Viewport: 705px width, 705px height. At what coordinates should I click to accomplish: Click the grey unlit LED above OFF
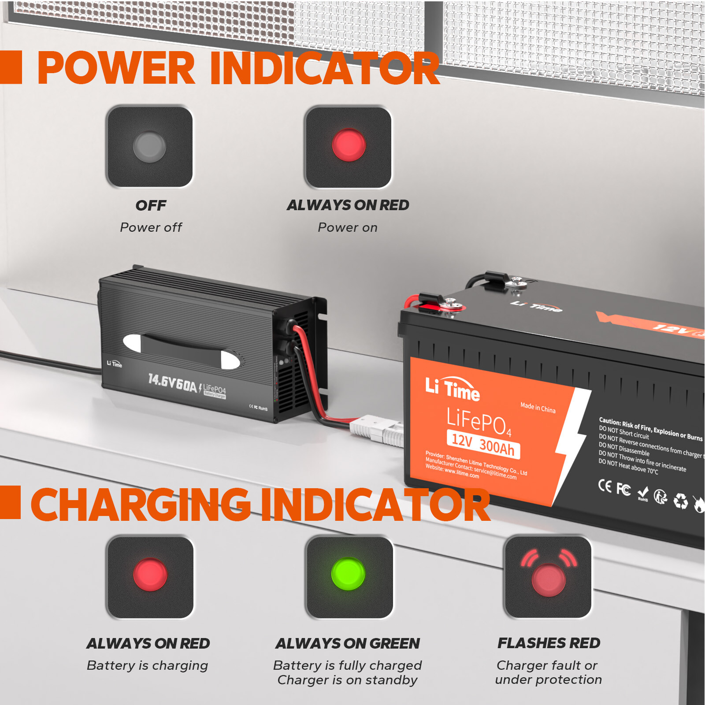click(149, 147)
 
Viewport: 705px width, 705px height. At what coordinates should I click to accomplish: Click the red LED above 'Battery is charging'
click(150, 575)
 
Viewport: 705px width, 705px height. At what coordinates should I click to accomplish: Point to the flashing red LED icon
click(549, 579)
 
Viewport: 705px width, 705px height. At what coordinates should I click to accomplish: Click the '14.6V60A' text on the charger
click(172, 383)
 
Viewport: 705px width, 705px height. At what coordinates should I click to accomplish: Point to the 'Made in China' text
click(538, 408)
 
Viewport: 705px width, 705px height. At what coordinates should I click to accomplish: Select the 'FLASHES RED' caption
click(549, 643)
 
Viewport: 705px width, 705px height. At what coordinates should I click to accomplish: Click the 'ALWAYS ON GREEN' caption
click(348, 644)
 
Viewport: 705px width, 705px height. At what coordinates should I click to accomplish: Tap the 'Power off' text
click(151, 227)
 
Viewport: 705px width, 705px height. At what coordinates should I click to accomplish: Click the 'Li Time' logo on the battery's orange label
click(453, 388)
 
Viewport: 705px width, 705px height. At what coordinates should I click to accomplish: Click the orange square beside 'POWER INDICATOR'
click(11, 67)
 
